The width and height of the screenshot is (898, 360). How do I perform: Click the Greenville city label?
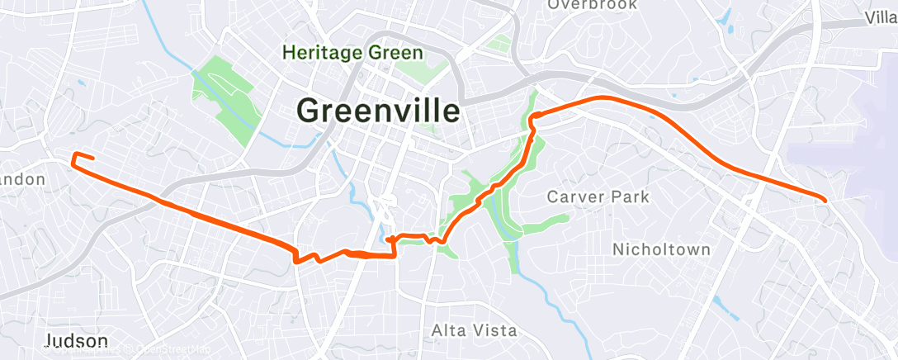378,111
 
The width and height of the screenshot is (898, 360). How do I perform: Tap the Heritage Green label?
352,53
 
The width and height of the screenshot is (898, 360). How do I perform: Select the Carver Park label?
598,197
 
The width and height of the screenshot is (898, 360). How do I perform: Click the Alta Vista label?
475,331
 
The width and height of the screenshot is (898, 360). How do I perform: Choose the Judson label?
76,341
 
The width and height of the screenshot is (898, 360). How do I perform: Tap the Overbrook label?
592,5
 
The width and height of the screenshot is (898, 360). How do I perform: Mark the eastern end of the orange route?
825,199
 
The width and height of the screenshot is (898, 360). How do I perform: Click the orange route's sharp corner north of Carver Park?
533,116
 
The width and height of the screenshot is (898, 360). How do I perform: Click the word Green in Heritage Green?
395,53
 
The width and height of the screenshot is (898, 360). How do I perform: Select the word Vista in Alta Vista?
494,331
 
